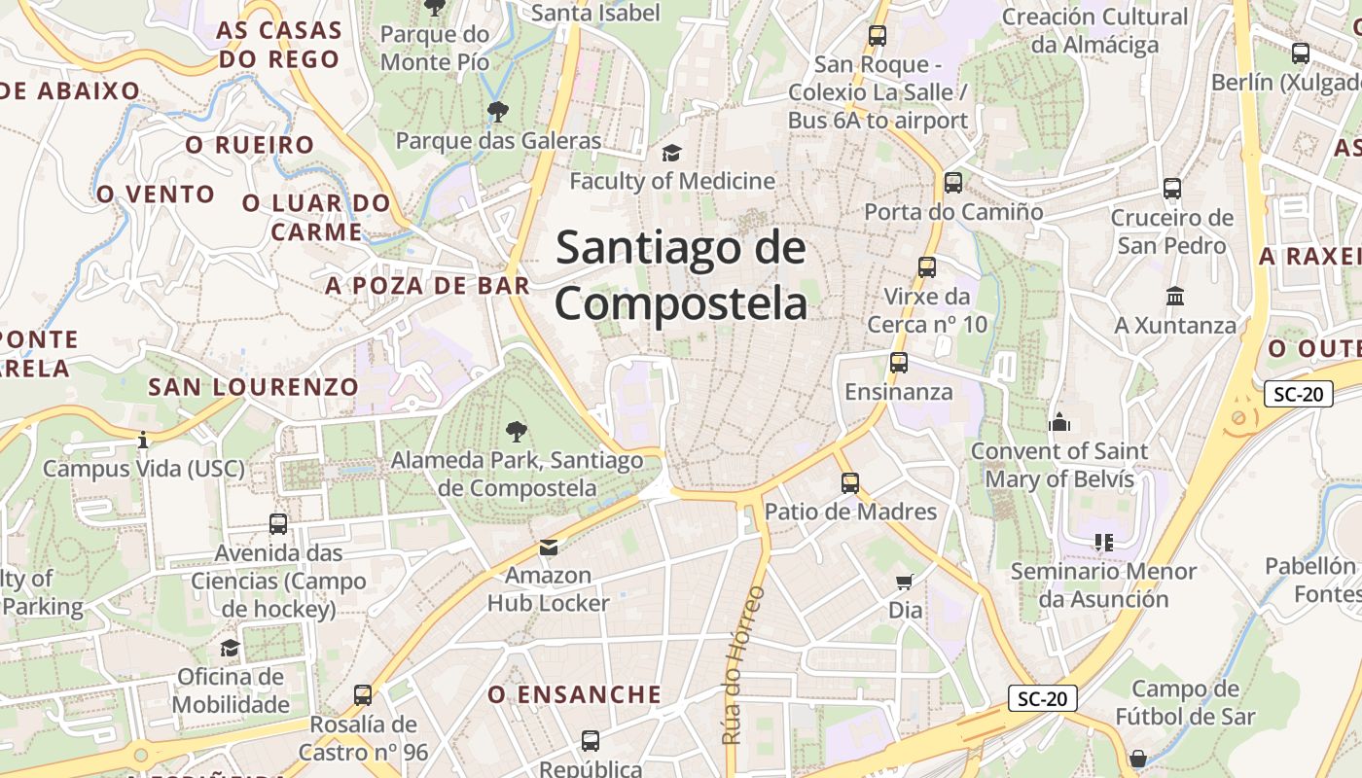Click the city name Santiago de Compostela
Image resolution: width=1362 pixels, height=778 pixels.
(681, 275)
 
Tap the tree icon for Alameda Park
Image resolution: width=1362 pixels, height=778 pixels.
(517, 431)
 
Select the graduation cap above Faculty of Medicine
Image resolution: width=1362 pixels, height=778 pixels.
(671, 153)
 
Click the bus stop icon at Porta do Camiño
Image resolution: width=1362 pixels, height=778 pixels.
(953, 183)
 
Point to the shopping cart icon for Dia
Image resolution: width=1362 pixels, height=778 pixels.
(905, 583)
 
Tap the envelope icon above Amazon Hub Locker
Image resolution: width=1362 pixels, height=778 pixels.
(549, 548)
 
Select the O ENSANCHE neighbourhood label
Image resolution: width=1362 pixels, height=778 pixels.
(574, 694)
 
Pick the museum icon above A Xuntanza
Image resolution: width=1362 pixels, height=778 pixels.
(1174, 296)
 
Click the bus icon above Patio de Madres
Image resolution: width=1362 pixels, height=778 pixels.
(850, 483)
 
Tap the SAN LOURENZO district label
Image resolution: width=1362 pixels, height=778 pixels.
(253, 386)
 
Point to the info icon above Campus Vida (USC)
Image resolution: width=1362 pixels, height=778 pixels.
(143, 441)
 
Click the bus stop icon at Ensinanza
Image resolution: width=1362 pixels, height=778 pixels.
(899, 364)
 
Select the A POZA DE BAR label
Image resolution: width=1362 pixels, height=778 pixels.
(428, 285)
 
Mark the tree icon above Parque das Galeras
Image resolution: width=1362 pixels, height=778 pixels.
(498, 112)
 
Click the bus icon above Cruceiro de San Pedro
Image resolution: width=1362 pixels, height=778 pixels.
(1172, 189)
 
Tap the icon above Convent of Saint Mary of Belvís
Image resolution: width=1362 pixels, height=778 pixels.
(1059, 422)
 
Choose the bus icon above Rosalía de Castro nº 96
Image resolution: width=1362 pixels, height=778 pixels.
(363, 695)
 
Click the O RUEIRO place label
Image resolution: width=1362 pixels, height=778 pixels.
(250, 145)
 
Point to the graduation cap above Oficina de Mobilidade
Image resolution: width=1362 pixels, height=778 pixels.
(231, 648)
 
